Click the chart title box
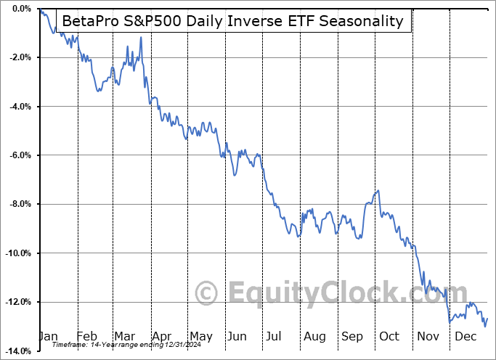(x=233, y=21)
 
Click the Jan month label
(x=49, y=336)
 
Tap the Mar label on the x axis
(x=124, y=336)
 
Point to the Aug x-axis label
(x=314, y=336)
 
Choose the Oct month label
(x=389, y=336)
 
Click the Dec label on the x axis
(x=465, y=336)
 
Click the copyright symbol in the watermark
(x=207, y=293)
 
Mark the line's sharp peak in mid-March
(x=140, y=37)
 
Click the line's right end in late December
(x=487, y=318)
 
